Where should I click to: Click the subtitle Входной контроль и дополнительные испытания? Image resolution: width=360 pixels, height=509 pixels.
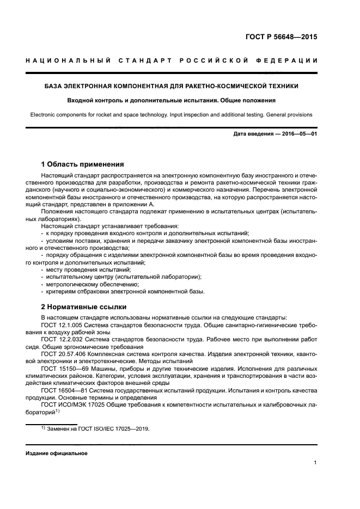coord(172,100)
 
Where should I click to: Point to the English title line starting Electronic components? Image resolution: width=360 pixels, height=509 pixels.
coord(172,115)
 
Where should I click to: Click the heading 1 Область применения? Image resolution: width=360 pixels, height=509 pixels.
coord(83,164)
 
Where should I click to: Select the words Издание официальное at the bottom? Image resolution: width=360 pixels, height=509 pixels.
coord(56,453)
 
